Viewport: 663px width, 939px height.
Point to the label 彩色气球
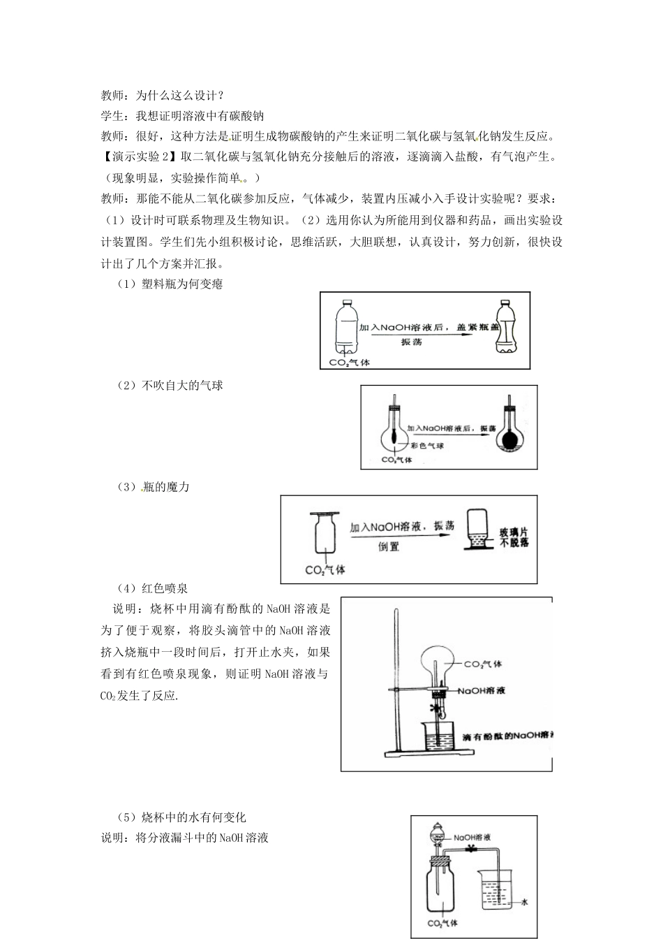pos(427,446)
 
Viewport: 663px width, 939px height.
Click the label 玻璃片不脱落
pos(514,537)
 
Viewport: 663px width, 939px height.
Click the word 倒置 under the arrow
pos(389,547)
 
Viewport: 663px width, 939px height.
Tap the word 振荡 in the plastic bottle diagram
pos(412,342)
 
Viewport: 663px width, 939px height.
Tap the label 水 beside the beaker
pos(524,902)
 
